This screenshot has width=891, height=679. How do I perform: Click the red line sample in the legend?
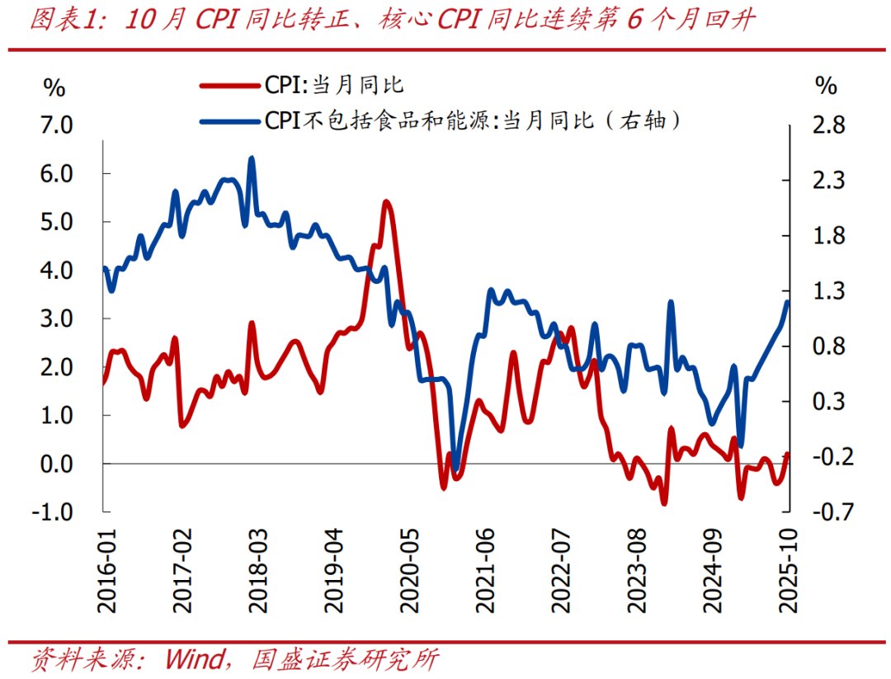point(230,84)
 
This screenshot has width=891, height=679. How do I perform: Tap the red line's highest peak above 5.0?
point(385,201)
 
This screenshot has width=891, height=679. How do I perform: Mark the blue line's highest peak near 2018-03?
point(252,158)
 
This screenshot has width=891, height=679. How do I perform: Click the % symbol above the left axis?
point(54,87)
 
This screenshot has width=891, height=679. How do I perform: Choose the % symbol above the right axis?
point(826,87)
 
